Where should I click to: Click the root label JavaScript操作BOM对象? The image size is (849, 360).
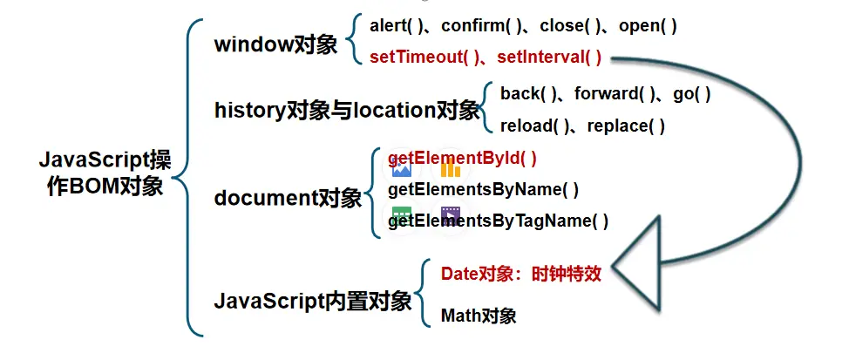(x=105, y=173)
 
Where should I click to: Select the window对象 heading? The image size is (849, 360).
(x=275, y=44)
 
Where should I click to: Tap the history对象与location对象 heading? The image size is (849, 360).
(x=347, y=110)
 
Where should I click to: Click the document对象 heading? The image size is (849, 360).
(x=288, y=199)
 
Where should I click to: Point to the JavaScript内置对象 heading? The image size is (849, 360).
(x=313, y=302)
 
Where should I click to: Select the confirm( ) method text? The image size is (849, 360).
(x=476, y=26)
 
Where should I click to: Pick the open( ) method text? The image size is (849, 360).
(x=648, y=26)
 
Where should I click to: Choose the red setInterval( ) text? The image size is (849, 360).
(x=549, y=58)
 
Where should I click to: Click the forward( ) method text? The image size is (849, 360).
(x=615, y=93)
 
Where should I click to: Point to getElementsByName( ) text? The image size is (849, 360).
(x=483, y=189)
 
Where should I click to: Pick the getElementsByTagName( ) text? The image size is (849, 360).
(x=498, y=221)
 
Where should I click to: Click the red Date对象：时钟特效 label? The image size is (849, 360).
(x=521, y=273)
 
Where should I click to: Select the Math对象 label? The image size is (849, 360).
(x=479, y=315)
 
